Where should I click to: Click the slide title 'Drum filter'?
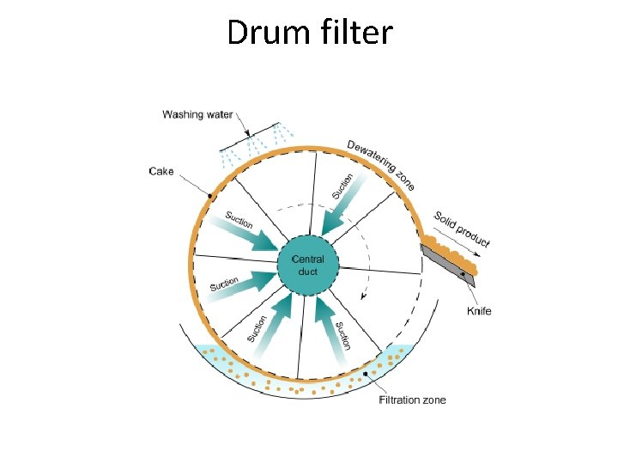pyautogui.click(x=309, y=34)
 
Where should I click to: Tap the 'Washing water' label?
pyautogui.click(x=197, y=114)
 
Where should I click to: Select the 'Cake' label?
pyautogui.click(x=161, y=171)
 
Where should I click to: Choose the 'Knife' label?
pyautogui.click(x=480, y=310)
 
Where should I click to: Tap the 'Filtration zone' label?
pyautogui.click(x=413, y=400)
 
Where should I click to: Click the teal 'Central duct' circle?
pyautogui.click(x=307, y=265)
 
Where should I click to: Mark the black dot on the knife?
pyautogui.click(x=464, y=274)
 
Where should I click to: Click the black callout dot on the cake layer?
pyautogui.click(x=209, y=197)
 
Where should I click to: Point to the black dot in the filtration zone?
pyautogui.click(x=366, y=375)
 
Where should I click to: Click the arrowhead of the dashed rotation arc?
pyautogui.click(x=365, y=296)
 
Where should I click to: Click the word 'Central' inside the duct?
pyautogui.click(x=307, y=259)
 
